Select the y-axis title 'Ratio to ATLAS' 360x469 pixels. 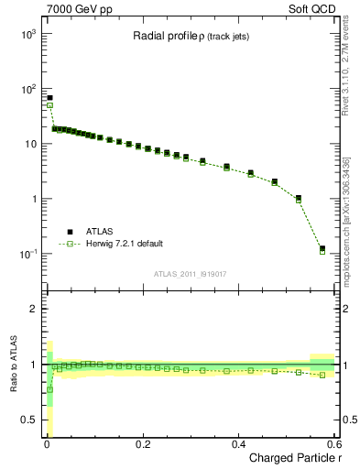(x=12, y=363)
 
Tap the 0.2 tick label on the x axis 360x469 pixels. (x=142, y=443)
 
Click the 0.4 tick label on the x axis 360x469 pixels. (x=238, y=443)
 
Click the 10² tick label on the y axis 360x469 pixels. (x=27, y=89)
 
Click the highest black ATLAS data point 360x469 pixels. (x=49, y=98)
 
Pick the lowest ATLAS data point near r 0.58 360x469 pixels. (x=322, y=248)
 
